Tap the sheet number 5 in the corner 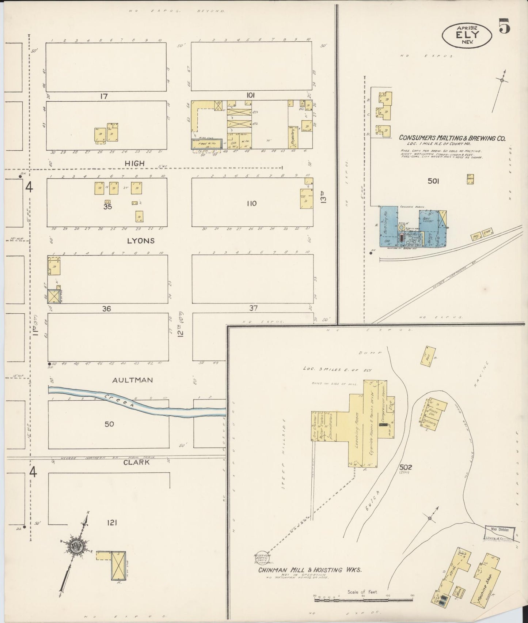505,26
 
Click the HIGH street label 135,164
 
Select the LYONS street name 141,241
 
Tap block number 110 252,203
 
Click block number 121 111,523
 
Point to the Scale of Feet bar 364,598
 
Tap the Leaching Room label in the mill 356,426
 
